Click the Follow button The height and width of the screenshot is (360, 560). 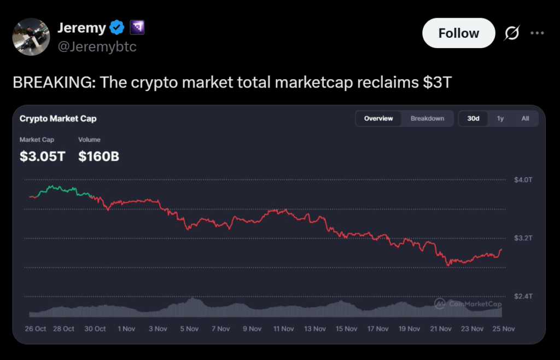tap(458, 33)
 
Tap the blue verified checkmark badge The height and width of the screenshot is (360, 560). tap(116, 27)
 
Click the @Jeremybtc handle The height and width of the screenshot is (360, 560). tap(97, 47)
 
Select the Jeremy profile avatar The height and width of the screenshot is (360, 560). tap(31, 37)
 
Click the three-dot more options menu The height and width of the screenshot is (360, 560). tap(538, 33)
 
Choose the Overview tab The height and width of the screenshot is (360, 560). tap(378, 119)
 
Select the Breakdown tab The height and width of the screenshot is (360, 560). tap(427, 119)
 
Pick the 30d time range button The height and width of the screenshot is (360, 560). tap(473, 119)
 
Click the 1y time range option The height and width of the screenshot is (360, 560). tap(500, 119)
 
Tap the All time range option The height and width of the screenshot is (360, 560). tap(525, 119)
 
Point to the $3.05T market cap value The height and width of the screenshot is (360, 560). tap(42, 156)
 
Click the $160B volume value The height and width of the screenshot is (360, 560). tap(98, 156)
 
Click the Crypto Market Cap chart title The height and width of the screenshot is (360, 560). tap(58, 119)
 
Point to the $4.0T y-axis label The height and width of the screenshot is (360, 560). tap(523, 180)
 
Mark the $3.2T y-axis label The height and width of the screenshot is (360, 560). tap(523, 239)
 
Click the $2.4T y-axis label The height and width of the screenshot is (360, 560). tap(523, 297)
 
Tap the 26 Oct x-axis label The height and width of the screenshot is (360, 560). tap(36, 329)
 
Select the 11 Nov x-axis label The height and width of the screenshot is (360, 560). tap(284, 329)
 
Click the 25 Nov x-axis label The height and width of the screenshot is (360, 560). tap(503, 329)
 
